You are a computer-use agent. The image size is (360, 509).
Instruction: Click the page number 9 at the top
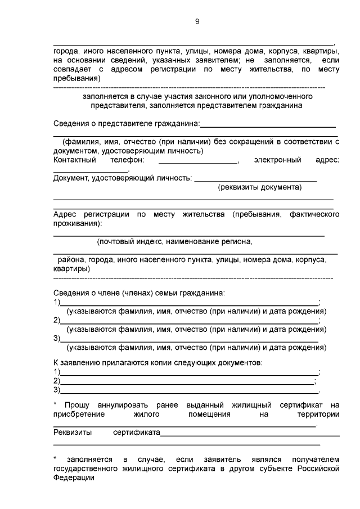pos(197,22)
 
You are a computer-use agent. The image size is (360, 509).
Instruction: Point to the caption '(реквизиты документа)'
pos(260,187)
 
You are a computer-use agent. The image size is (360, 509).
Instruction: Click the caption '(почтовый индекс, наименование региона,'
pos(174,242)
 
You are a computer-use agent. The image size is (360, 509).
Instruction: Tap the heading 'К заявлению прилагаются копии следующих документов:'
pos(157,363)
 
